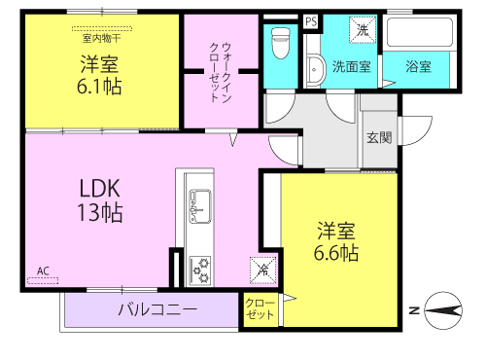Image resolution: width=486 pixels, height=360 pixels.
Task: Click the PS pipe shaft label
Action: (x=311, y=21)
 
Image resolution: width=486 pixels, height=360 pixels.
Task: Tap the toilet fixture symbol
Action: (x=280, y=43)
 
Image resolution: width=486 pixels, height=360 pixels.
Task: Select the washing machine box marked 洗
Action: (x=363, y=30)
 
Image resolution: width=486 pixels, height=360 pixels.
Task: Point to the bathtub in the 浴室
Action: (x=420, y=32)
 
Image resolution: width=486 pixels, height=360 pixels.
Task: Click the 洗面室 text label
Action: (x=352, y=67)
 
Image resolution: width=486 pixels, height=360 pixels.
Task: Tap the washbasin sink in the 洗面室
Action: (x=315, y=70)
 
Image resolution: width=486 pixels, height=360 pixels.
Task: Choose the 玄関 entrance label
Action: (x=379, y=138)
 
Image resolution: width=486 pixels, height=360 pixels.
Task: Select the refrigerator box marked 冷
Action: (x=262, y=270)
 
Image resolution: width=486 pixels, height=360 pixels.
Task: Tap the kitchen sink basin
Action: (x=200, y=206)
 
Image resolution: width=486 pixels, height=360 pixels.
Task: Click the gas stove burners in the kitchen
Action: (x=200, y=270)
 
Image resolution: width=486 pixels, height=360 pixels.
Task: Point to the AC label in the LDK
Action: (x=43, y=270)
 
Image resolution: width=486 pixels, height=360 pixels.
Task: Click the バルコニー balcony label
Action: (x=157, y=309)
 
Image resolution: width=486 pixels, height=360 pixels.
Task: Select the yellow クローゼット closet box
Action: (x=260, y=309)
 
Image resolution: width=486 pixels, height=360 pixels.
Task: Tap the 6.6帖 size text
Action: (x=336, y=253)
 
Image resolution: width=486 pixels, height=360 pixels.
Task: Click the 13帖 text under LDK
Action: (x=100, y=212)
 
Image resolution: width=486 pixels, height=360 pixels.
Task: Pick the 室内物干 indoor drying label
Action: (x=102, y=39)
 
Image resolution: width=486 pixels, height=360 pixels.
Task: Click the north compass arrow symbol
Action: (x=443, y=310)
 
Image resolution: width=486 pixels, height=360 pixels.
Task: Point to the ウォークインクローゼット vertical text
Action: (x=221, y=72)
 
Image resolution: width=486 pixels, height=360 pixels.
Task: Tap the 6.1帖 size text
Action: (x=99, y=87)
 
